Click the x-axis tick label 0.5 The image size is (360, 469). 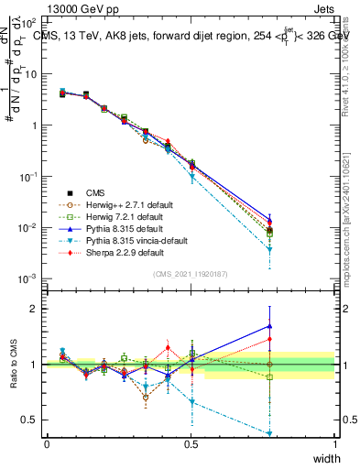pos(191,443)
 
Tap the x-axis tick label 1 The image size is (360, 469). pos(334,443)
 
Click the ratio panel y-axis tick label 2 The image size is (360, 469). pos(37,309)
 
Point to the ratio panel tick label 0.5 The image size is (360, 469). pos(32,420)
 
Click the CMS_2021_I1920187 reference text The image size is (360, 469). pos(191,274)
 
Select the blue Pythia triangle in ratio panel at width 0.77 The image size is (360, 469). pos(269,325)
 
